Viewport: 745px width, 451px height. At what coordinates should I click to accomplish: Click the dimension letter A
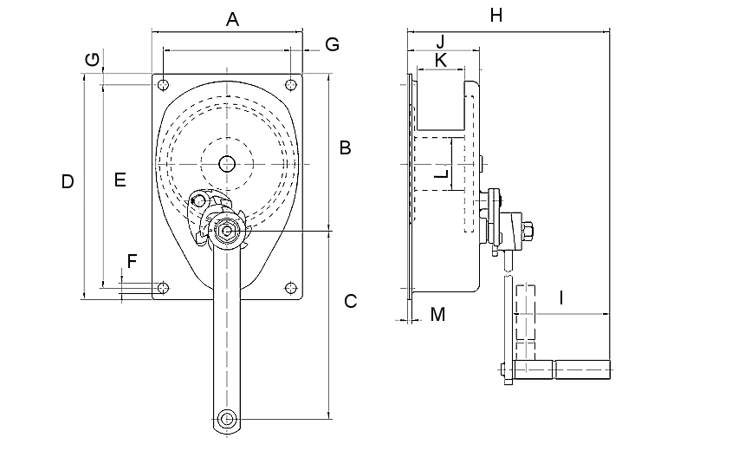pyautogui.click(x=232, y=19)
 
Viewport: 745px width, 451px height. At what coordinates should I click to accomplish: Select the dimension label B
pyautogui.click(x=345, y=147)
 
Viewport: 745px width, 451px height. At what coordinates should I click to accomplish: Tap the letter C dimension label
pyautogui.click(x=351, y=302)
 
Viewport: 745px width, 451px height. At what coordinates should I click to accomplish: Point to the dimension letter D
pyautogui.click(x=68, y=182)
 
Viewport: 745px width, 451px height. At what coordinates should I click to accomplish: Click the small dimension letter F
pyautogui.click(x=132, y=261)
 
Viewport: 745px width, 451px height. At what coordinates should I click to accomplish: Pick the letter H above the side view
pyautogui.click(x=496, y=15)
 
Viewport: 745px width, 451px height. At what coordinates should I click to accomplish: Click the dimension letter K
pyautogui.click(x=440, y=60)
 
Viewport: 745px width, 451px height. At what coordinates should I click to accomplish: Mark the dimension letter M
pyautogui.click(x=437, y=314)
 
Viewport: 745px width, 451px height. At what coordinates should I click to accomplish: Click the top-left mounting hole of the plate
pyautogui.click(x=163, y=85)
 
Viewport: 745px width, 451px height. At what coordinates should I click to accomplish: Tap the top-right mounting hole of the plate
pyautogui.click(x=291, y=85)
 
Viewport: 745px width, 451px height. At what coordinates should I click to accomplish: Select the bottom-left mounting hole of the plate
pyautogui.click(x=163, y=287)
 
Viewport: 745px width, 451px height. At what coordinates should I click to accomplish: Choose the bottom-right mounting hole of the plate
pyautogui.click(x=291, y=287)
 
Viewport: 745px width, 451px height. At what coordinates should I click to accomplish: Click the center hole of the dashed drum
pyautogui.click(x=227, y=162)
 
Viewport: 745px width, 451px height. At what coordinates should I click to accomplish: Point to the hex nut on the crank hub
pyautogui.click(x=227, y=231)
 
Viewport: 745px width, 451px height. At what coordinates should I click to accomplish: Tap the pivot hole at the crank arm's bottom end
pyautogui.click(x=227, y=419)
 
